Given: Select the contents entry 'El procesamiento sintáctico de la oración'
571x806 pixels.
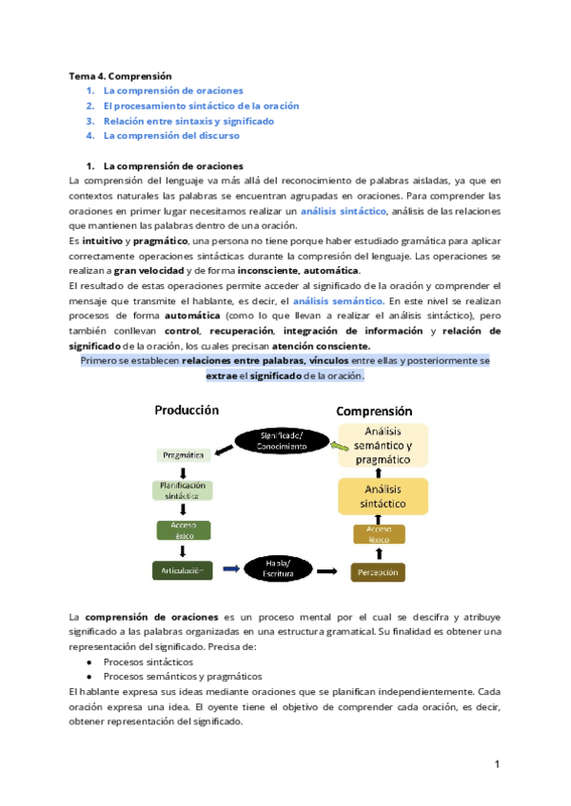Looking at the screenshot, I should tap(201, 106).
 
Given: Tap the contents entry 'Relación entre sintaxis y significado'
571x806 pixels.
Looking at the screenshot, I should tap(188, 121).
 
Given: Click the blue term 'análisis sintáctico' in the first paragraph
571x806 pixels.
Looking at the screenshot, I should tap(344, 210).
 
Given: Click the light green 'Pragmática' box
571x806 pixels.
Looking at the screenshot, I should tap(184, 455).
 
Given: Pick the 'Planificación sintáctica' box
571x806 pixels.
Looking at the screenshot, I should tap(185, 490).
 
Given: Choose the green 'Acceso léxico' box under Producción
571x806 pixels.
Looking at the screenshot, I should tap(184, 529).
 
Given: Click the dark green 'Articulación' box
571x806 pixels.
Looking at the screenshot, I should tap(184, 570).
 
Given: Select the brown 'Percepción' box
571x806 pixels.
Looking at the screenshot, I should tap(378, 572).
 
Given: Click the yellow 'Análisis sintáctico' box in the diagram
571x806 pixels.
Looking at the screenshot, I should tap(383, 496).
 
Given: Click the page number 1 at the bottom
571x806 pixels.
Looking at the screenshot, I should tap(497, 764).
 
